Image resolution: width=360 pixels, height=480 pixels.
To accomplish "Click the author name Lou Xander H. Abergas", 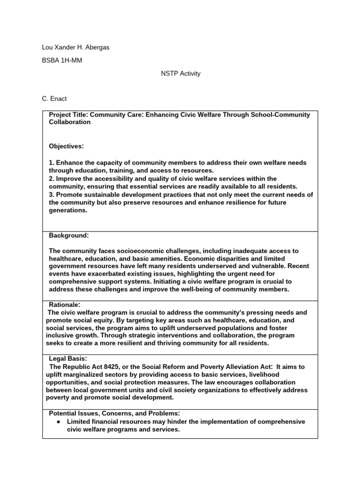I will click(x=75, y=48).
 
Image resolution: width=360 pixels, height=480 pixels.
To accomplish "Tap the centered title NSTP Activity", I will click(x=180, y=74).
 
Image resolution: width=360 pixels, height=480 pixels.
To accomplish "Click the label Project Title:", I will click(x=68, y=115).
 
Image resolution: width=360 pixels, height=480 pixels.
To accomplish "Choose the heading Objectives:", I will click(x=66, y=146).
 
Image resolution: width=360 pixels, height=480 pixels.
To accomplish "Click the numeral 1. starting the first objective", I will click(x=52, y=163).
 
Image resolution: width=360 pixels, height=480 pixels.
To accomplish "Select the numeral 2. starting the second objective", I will click(x=52, y=179).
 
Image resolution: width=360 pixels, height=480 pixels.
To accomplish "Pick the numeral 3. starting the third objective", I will click(x=52, y=195).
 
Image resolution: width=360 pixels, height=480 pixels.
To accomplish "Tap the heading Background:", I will click(x=69, y=235).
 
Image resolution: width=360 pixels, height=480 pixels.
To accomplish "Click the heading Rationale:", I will click(x=65, y=305).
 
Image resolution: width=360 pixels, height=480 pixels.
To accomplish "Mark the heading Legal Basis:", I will click(x=68, y=359).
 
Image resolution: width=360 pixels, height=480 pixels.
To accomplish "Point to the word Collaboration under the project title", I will click(x=70, y=122).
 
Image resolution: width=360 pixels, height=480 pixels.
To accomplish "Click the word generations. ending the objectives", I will click(x=68, y=210).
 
